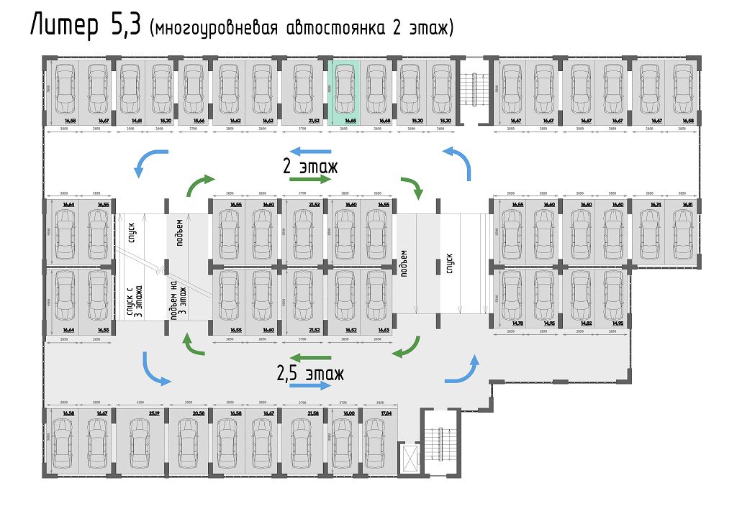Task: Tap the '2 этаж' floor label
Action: click(310, 166)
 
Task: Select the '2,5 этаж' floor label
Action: click(310, 373)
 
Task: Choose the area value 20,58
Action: click(199, 413)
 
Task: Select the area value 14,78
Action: click(517, 323)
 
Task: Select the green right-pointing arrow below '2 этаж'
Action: click(310, 179)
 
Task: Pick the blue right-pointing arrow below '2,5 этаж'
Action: click(310, 386)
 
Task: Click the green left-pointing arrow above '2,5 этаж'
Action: click(310, 357)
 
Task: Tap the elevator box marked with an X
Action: click(410, 458)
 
